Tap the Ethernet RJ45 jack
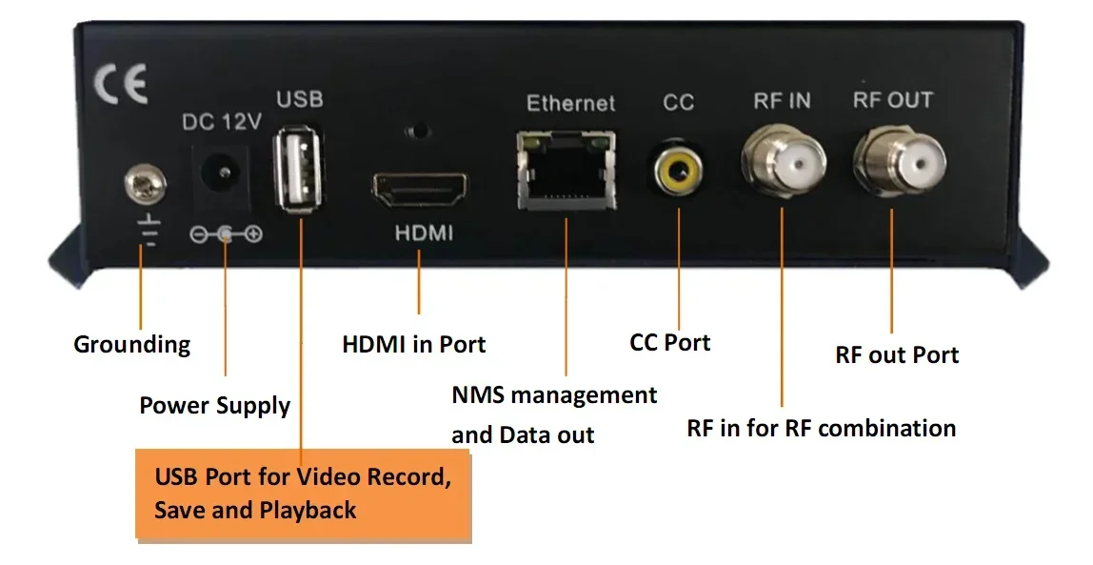click(x=566, y=172)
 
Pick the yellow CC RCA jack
click(x=678, y=171)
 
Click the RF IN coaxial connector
click(x=782, y=163)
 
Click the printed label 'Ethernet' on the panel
click(x=571, y=103)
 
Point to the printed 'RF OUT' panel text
click(x=892, y=100)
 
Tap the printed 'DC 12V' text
click(x=222, y=122)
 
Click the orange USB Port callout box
click(x=303, y=494)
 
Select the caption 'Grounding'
click(x=131, y=344)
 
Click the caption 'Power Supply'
click(x=214, y=406)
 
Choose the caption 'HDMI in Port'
click(x=413, y=344)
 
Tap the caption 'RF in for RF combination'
click(x=821, y=429)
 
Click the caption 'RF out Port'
click(x=897, y=355)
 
